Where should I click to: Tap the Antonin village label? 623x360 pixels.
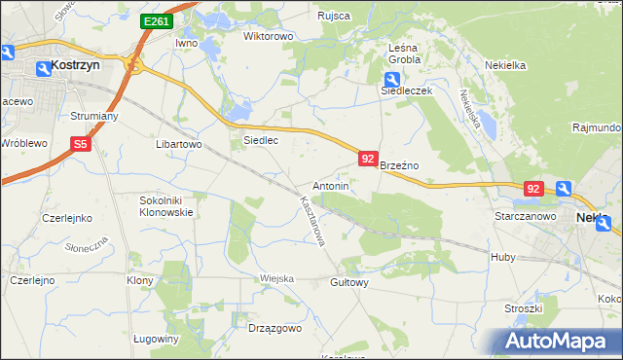[x=331, y=185]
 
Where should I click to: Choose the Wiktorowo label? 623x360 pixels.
[x=268, y=37]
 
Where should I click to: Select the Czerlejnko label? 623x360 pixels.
[x=66, y=218]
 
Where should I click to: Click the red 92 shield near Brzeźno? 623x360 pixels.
[x=367, y=158]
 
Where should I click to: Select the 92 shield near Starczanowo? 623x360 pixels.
[x=533, y=188]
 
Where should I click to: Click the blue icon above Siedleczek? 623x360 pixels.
[x=391, y=79]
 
